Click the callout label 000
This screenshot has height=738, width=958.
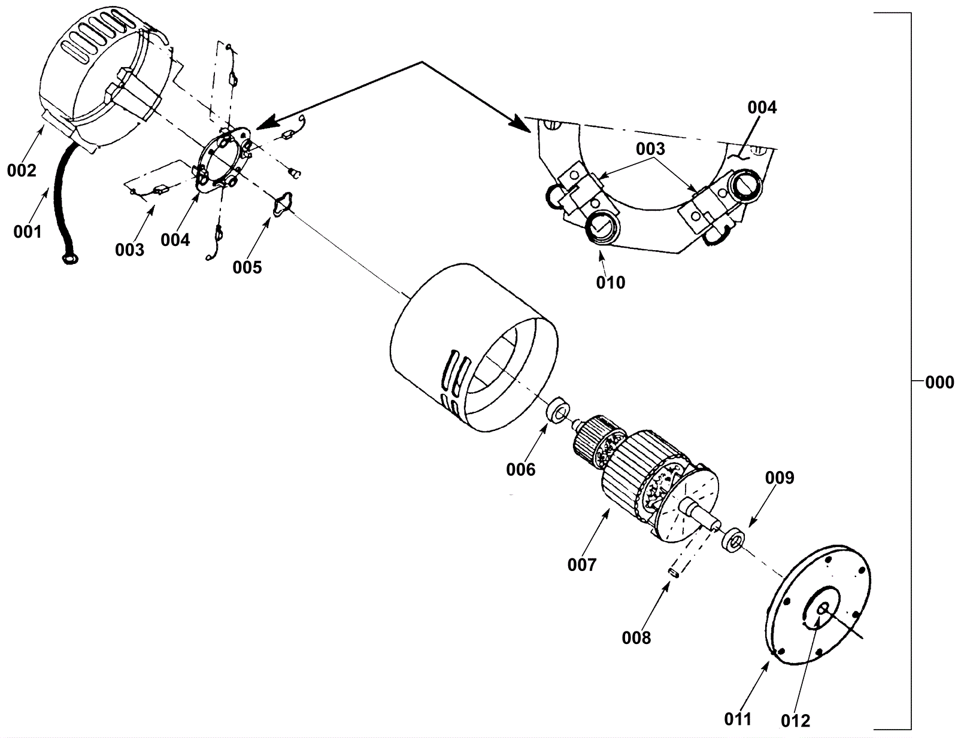939,382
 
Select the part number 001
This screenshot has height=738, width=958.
28,231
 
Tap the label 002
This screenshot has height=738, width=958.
22,171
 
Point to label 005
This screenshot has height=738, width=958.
247,267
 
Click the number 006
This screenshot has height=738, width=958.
520,470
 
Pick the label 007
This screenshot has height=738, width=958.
582,564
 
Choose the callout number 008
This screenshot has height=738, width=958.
636,638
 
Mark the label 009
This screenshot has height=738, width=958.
780,478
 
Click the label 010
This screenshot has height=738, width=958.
610,282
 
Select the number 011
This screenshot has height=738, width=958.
738,719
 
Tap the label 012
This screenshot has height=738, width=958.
795,721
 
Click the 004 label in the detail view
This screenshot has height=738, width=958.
762,108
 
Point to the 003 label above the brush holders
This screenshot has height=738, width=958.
650,148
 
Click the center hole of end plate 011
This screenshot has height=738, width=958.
823,608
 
